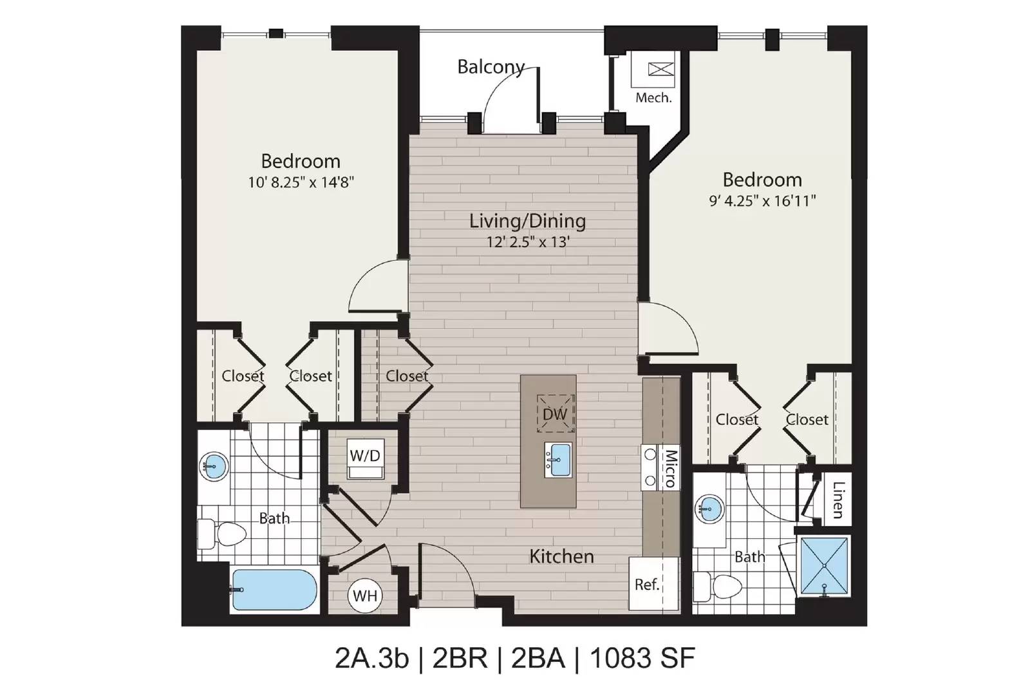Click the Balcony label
tap(491, 67)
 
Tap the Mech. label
tap(653, 98)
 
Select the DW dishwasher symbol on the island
tap(556, 413)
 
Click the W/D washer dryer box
tap(365, 458)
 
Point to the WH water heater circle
tap(365, 596)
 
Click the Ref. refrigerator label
tap(647, 585)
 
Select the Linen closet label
tap(838, 500)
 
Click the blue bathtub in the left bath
tap(274, 590)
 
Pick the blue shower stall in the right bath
tap(824, 565)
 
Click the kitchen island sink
tap(557, 459)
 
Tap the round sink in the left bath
tap(214, 466)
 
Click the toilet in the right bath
tap(717, 587)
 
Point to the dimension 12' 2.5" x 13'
tap(528, 242)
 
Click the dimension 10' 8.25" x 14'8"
tap(301, 183)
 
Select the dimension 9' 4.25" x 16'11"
tap(762, 201)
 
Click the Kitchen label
tap(561, 556)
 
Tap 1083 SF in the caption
tap(642, 658)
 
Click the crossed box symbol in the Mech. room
tap(660, 70)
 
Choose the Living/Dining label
tap(527, 221)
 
